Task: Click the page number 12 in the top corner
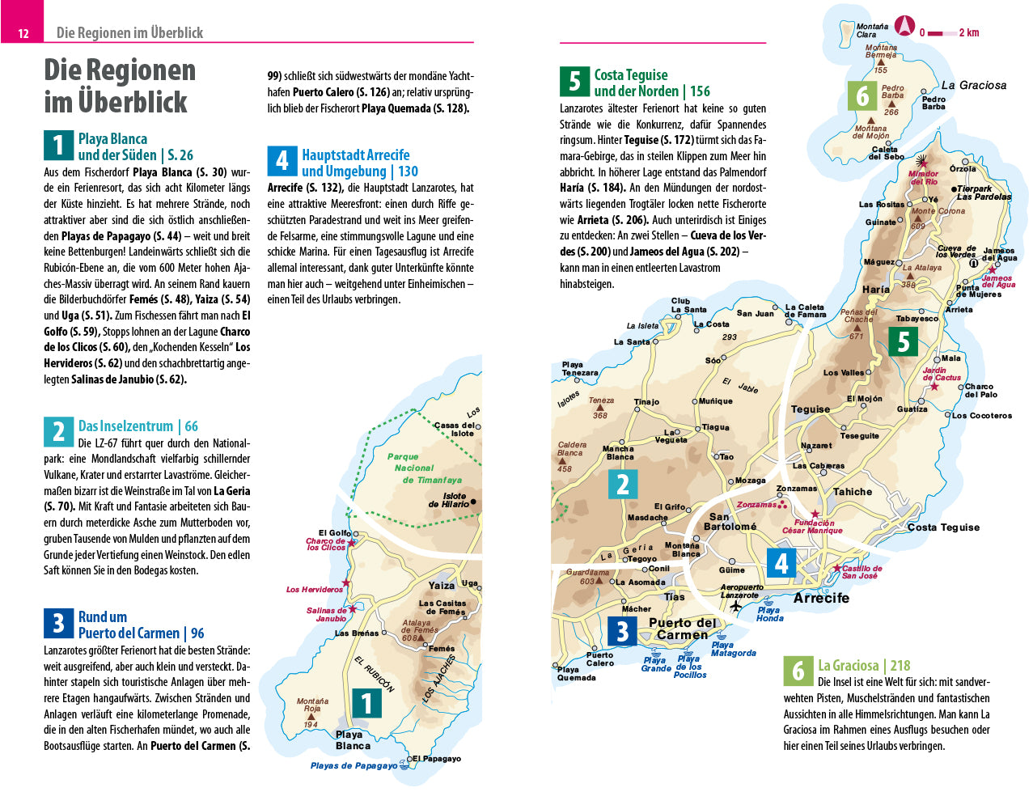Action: (x=23, y=33)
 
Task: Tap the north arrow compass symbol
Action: (x=904, y=27)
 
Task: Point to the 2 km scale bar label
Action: (x=968, y=33)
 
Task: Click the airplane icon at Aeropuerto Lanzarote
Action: (x=735, y=606)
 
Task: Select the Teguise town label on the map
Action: (x=811, y=409)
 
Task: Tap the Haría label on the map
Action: (x=876, y=289)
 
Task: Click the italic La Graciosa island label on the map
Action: (x=974, y=85)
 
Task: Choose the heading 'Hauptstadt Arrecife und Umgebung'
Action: (x=355, y=163)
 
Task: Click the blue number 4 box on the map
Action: (x=781, y=562)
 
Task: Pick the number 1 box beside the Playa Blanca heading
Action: (x=58, y=146)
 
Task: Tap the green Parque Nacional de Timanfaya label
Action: (x=421, y=468)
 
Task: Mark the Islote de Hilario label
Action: (x=449, y=500)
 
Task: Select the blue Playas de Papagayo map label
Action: (x=354, y=765)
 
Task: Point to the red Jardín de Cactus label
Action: (x=942, y=374)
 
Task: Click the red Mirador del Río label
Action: (x=923, y=177)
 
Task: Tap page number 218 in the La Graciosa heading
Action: (x=900, y=666)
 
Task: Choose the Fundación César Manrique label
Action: (x=812, y=527)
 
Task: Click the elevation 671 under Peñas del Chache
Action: (x=856, y=337)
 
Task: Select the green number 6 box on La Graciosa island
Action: (x=862, y=96)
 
